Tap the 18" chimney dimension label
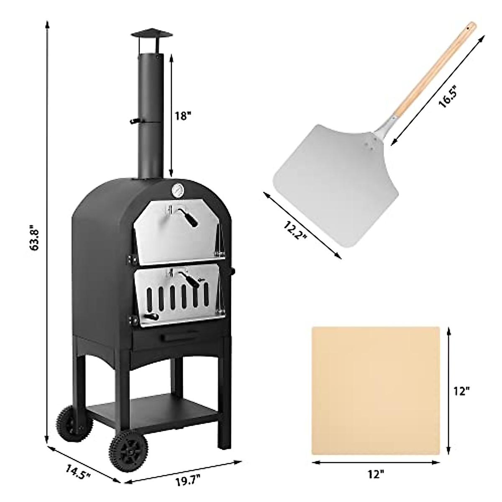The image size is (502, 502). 183,116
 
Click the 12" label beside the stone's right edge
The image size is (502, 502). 461,391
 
